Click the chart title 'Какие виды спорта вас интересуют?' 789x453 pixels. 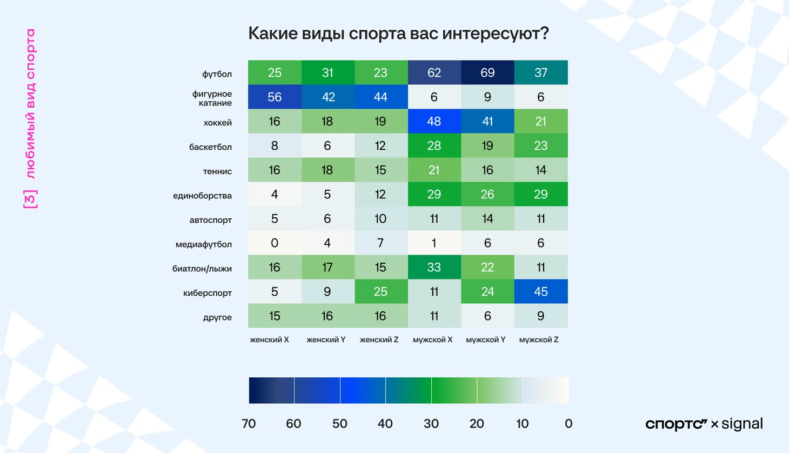tap(398, 34)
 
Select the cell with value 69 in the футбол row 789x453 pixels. tap(487, 72)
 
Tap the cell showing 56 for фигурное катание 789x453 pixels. tap(275, 97)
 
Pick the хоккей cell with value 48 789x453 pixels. tap(434, 121)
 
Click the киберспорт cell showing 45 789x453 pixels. tap(540, 291)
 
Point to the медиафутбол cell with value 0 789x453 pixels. tap(275, 243)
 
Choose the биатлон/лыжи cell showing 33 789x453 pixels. tap(434, 267)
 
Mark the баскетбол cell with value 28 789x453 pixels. tap(434, 145)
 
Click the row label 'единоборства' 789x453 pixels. tap(202, 196)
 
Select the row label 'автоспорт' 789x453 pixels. tap(210, 220)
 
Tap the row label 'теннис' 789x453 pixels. tap(217, 171)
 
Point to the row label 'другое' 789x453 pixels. tap(217, 317)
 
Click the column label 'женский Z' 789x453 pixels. tap(379, 339)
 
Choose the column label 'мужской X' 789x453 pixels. tap(433, 339)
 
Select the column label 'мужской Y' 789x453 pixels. tap(486, 339)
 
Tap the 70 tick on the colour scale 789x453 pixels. tap(249, 423)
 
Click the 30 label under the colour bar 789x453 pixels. tap(431, 423)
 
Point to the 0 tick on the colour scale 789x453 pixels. tap(568, 423)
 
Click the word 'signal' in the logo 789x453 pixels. tap(742, 424)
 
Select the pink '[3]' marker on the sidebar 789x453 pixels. tap(31, 199)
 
